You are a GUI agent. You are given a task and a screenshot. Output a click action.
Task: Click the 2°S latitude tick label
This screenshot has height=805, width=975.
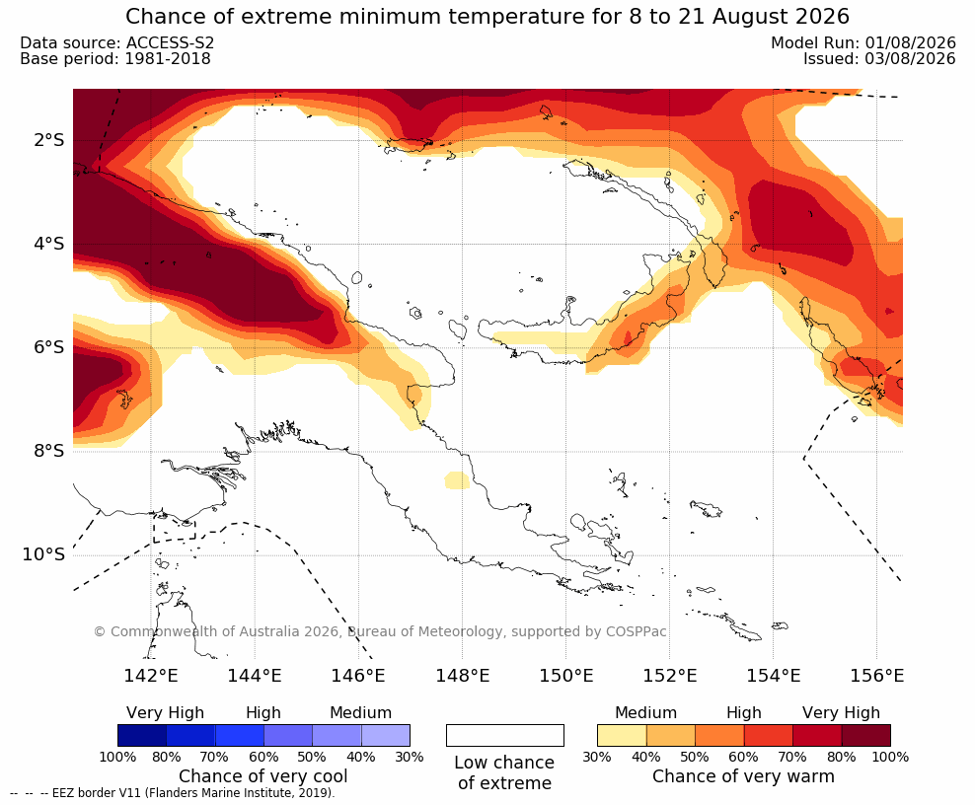(48, 140)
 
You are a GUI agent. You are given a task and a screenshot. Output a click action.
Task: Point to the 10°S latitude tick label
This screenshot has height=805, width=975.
(43, 554)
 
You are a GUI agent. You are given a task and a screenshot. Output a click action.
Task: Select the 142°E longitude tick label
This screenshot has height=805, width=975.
(151, 675)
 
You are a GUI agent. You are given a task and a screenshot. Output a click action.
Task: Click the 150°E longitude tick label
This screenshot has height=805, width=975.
(565, 675)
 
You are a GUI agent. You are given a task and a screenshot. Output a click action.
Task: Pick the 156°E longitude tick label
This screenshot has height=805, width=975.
(876, 675)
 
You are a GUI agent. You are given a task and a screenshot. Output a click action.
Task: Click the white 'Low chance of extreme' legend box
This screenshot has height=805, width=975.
(505, 735)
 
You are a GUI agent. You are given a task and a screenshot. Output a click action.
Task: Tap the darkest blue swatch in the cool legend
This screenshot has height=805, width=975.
(142, 735)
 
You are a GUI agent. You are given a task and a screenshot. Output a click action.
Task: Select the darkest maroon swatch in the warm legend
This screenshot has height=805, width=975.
(866, 735)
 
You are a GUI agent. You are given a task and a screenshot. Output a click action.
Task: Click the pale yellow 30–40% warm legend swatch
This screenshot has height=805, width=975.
(622, 735)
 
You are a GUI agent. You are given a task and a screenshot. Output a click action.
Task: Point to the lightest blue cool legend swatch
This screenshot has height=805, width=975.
(386, 735)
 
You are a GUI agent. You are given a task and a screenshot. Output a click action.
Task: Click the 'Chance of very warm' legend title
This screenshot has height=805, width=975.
(743, 776)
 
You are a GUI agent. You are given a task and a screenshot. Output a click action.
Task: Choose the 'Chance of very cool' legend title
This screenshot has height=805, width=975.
(263, 776)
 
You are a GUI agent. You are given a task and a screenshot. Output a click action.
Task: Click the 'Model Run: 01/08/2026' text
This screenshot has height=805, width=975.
(863, 42)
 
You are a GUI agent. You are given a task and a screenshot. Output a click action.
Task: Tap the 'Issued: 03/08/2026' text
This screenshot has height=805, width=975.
(879, 58)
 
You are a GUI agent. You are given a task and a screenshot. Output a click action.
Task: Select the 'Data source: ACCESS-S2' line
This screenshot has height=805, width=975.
(116, 42)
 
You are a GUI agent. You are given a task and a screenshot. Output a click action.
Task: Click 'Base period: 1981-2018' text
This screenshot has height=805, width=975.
(115, 58)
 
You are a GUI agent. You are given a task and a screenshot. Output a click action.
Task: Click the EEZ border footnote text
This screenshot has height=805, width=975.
(173, 793)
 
